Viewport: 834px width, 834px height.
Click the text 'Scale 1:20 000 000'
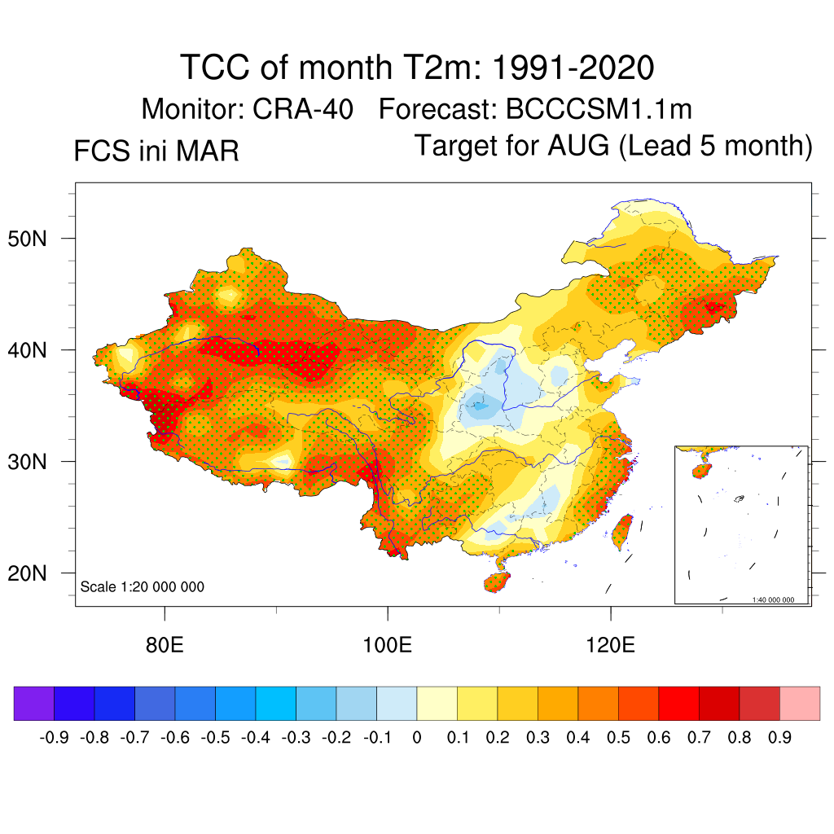click(x=143, y=587)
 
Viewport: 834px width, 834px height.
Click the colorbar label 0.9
click(x=780, y=738)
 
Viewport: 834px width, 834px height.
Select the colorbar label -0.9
click(x=54, y=738)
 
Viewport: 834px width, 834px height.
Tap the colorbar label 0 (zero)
click(x=417, y=738)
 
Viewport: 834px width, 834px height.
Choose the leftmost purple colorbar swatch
click(x=34, y=704)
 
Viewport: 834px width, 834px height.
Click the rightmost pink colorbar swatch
click(x=800, y=704)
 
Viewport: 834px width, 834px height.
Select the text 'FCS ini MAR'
click(x=156, y=151)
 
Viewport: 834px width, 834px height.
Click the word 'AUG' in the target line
click(x=578, y=146)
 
